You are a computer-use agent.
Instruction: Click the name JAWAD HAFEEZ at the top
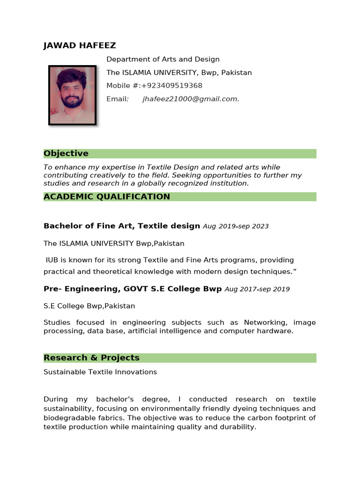tap(80, 45)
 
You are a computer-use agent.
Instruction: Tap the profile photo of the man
tap(72, 95)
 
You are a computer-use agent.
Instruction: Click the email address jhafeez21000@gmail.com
tap(191, 99)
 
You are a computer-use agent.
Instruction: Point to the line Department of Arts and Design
tap(163, 60)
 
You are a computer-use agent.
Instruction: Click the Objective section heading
tap(66, 154)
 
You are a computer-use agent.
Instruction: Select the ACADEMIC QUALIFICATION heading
tap(107, 197)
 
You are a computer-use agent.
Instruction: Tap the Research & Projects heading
tap(91, 358)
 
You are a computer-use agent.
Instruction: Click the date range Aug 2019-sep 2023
tap(236, 226)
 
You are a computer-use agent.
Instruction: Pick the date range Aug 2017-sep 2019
tap(257, 289)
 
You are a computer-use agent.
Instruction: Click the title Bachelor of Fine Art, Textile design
tap(122, 226)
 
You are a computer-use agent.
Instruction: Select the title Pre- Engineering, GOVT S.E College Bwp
tap(133, 289)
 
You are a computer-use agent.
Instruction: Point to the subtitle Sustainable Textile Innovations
tap(100, 372)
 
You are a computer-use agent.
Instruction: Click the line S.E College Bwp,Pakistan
tap(89, 306)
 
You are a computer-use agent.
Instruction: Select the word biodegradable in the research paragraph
tap(67, 418)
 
